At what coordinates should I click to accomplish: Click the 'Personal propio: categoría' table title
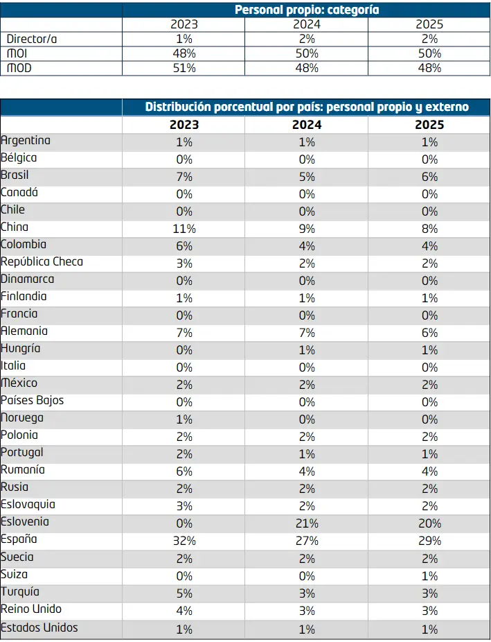[307, 10]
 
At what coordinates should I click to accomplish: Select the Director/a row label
[32, 39]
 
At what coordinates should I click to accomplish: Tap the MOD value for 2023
[184, 68]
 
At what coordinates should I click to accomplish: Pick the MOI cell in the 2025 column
[429, 53]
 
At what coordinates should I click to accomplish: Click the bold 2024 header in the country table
[307, 125]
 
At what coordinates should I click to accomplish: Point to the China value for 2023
[184, 229]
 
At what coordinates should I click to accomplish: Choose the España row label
[19, 539]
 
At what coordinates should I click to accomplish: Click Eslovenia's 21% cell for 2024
[307, 523]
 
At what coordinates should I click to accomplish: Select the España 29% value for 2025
[429, 541]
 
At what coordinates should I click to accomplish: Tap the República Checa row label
[42, 261]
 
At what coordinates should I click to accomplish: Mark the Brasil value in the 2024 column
[307, 177]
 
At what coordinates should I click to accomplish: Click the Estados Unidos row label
[39, 627]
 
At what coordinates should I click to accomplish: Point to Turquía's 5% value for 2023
[184, 593]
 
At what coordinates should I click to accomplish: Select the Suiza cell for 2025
[429, 576]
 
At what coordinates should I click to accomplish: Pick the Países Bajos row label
[33, 400]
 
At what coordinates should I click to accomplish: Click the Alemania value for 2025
[429, 333]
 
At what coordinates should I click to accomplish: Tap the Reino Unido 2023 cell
[184, 611]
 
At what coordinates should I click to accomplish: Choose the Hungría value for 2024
[307, 350]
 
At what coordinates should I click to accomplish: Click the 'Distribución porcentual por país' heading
[307, 107]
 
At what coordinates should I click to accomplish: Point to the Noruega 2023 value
[184, 419]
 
